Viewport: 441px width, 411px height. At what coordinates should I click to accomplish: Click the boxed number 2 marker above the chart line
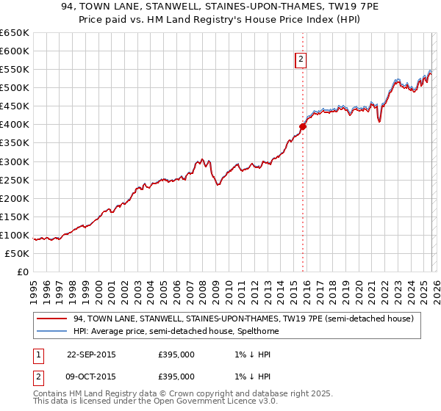(x=301, y=60)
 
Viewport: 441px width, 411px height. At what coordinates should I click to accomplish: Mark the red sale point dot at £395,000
(x=302, y=126)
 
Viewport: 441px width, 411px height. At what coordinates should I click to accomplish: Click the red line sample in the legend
(x=52, y=319)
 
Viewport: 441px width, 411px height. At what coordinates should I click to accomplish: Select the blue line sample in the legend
(x=52, y=331)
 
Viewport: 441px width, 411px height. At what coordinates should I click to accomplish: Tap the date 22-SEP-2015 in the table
(x=91, y=354)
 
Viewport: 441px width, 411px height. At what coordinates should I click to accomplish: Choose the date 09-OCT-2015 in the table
(x=91, y=378)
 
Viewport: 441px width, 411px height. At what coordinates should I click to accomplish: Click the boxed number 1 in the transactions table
(x=37, y=354)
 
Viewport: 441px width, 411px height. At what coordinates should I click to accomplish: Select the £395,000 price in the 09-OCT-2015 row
(x=176, y=378)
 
